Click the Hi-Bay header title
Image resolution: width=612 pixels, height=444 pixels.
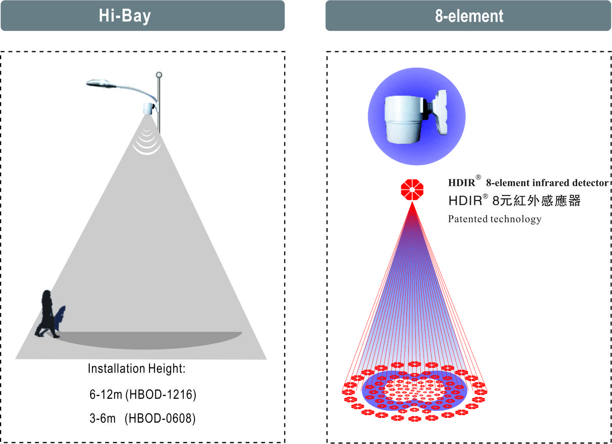pyautogui.click(x=125, y=16)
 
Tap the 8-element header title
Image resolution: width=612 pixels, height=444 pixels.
pyautogui.click(x=469, y=16)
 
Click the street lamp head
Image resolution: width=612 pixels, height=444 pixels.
pyautogui.click(x=101, y=83)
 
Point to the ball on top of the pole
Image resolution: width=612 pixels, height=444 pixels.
pyautogui.click(x=159, y=75)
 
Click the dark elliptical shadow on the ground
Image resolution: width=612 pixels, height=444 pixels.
pyautogui.click(x=145, y=340)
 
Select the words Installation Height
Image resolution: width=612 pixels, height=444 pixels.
pyautogui.click(x=137, y=369)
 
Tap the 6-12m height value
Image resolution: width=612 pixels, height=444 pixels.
pyautogui.click(x=106, y=394)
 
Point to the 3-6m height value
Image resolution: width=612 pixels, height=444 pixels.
pyautogui.click(x=103, y=418)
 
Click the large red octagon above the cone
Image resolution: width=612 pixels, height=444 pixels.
pyautogui.click(x=412, y=189)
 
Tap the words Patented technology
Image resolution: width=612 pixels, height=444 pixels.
pyautogui.click(x=495, y=219)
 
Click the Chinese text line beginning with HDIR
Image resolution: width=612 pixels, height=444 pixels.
pyautogui.click(x=514, y=200)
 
